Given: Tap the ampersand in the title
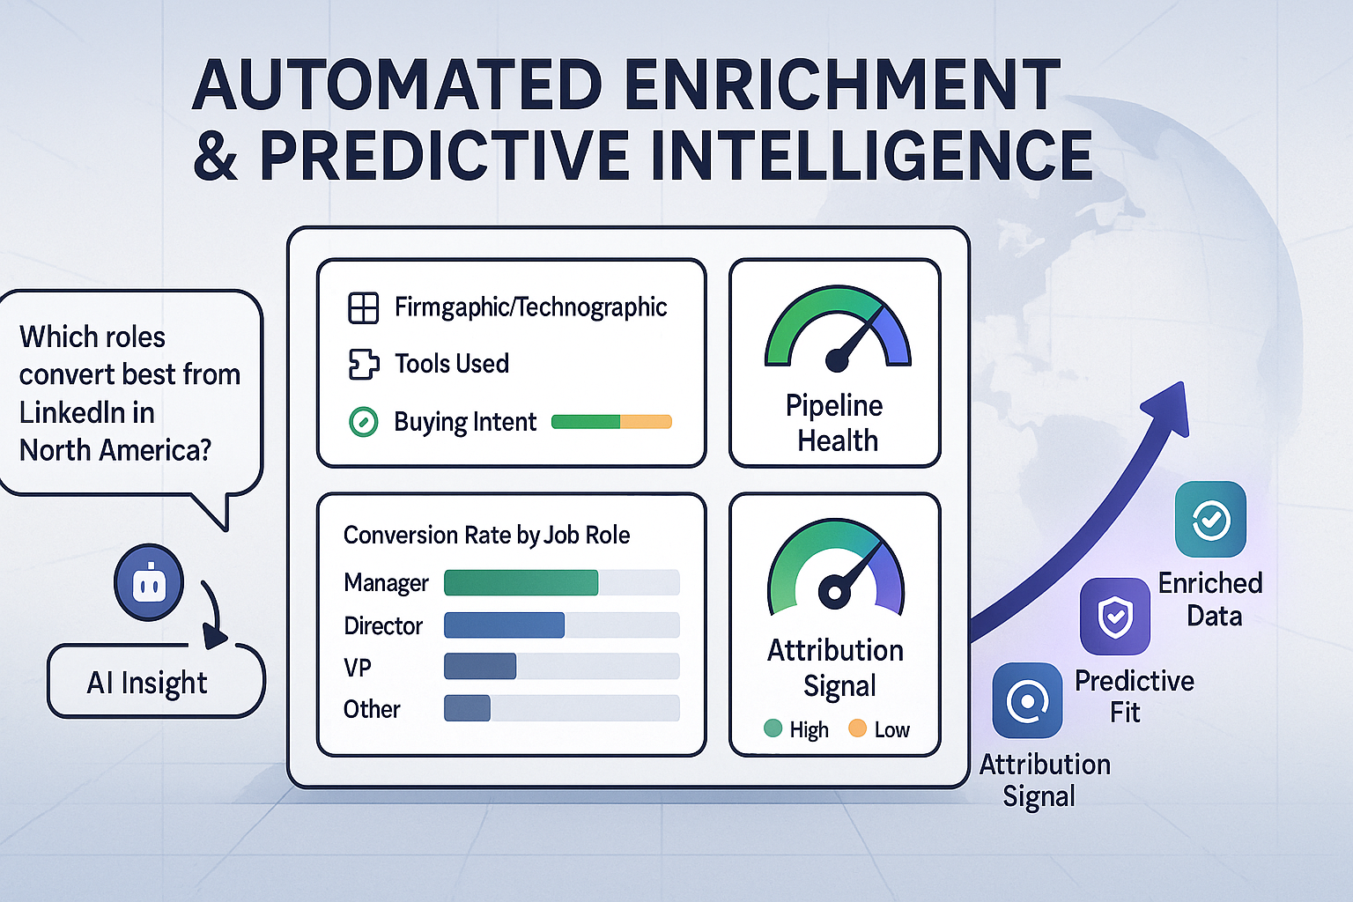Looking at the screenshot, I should [216, 156].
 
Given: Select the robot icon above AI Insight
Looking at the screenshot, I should [149, 583].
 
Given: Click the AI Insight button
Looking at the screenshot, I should [155, 682].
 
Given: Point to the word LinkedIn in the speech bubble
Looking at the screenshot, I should [87, 412].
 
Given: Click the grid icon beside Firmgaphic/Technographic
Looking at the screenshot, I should [364, 308].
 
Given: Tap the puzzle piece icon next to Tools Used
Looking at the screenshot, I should [364, 364].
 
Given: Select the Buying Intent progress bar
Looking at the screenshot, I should [611, 422].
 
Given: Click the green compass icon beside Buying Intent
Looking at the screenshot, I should [364, 422].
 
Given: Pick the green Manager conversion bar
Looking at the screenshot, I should [521, 582].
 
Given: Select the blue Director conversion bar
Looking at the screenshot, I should [504, 625].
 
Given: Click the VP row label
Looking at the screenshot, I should [358, 668].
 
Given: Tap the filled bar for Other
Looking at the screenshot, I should [467, 708].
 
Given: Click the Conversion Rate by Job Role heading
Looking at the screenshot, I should [486, 535].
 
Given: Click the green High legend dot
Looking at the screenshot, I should [773, 728].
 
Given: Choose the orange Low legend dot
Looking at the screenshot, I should [857, 728].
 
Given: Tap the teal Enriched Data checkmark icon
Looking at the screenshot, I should [1210, 520].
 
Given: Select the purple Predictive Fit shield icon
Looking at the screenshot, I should [1115, 616].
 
